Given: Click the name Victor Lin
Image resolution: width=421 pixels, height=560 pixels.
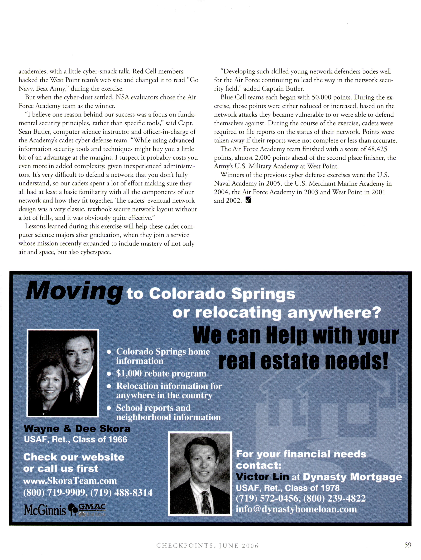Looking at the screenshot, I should click(x=262, y=477).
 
